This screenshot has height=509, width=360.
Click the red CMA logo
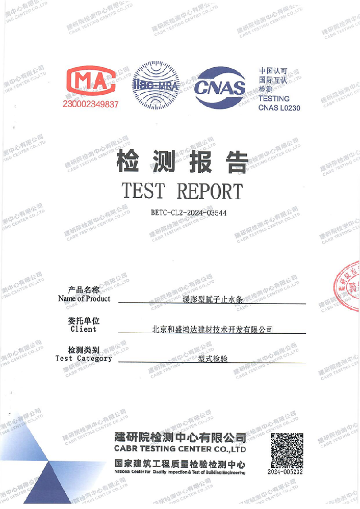pos(91,82)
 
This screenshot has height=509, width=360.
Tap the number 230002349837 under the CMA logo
pos(91,104)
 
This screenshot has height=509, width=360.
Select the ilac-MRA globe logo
pos(155,85)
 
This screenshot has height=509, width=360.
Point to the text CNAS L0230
pos(279,108)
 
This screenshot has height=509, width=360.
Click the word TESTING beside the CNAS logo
pos(274,98)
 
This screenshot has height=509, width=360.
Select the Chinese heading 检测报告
pos(182,162)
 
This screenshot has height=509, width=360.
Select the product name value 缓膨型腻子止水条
pos(212,300)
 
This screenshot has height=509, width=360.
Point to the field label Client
pos(84,329)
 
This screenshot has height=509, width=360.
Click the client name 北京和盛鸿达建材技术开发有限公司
pos(213,330)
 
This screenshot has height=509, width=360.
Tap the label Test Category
pos(84,358)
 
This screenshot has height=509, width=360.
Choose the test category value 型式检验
pos(213,359)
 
